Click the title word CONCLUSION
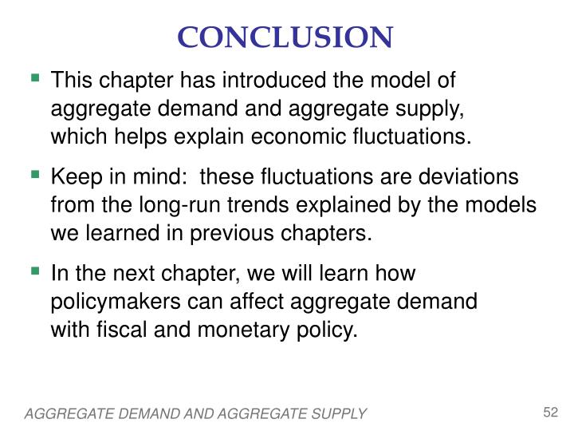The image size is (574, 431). (x=286, y=37)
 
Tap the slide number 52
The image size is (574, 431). (x=549, y=412)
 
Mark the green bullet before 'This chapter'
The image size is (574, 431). (x=35, y=79)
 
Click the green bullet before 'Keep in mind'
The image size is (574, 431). (x=35, y=175)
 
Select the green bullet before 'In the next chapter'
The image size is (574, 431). (x=35, y=272)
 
